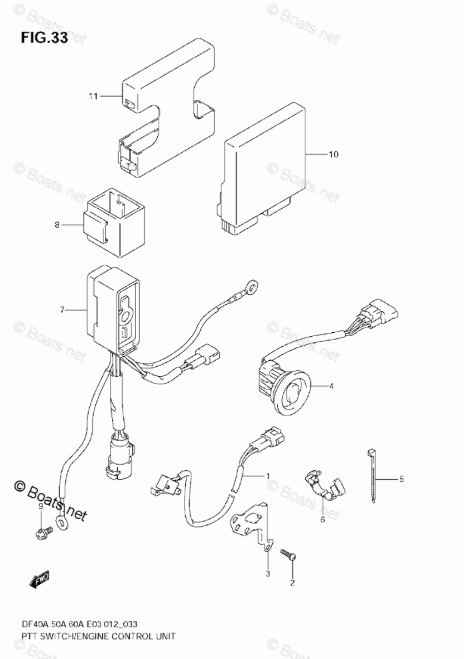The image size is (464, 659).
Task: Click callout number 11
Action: pyautogui.click(x=93, y=97)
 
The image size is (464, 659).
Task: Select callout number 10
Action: pyautogui.click(x=333, y=155)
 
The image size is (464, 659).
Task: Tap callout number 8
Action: pyautogui.click(x=57, y=225)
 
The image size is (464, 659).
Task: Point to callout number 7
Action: pyautogui.click(x=61, y=310)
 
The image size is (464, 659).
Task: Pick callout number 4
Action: pyautogui.click(x=331, y=386)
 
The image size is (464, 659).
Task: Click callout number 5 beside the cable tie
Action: pyautogui.click(x=402, y=478)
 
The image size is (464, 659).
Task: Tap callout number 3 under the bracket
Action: pyautogui.click(x=268, y=574)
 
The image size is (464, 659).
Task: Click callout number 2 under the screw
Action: pyautogui.click(x=291, y=584)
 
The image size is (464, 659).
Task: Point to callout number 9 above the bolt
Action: pyautogui.click(x=40, y=508)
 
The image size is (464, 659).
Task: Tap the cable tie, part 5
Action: pyautogui.click(x=369, y=477)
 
